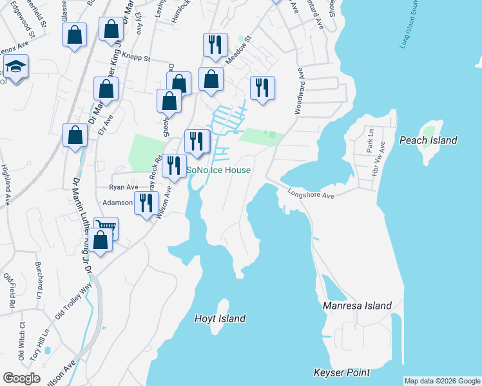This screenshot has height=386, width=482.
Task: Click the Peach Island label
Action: coord(428,140)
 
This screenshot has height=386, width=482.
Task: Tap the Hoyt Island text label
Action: coord(220,318)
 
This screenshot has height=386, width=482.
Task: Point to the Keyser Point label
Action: coord(342,372)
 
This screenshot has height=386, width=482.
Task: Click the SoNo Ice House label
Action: coord(218,170)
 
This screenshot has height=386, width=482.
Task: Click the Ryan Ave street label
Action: coord(124,187)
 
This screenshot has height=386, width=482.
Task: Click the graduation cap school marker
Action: coord(14,66)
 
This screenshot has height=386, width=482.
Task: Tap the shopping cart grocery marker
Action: coord(106,227)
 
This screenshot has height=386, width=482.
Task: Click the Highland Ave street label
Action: coord(6,185)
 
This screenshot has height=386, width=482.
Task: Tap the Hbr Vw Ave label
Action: coord(381,158)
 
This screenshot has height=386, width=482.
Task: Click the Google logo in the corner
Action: coord(21,378)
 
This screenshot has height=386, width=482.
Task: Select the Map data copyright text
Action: coord(441,381)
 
